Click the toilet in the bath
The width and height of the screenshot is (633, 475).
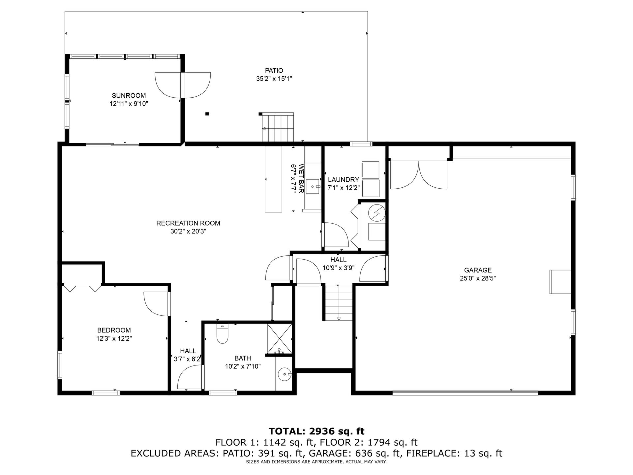pos(223,334)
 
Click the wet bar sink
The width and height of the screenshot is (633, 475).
pos(313,187)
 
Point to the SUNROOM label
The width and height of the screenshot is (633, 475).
pos(129,96)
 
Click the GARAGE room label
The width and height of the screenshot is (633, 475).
pos(478,270)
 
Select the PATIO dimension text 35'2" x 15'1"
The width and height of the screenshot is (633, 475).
pos(274,79)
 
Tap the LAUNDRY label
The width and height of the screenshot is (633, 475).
pos(343,180)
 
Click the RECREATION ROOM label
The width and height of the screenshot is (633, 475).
pos(188,223)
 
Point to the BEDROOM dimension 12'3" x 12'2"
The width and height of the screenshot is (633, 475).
pos(114,338)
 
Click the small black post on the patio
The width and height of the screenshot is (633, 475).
pos(207,114)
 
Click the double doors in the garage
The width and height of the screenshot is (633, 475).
pos(419,174)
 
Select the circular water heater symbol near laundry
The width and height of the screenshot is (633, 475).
pos(377,212)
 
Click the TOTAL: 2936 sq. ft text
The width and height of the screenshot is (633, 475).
pos(316,431)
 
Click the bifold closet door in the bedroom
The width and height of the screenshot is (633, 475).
pos(82,288)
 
